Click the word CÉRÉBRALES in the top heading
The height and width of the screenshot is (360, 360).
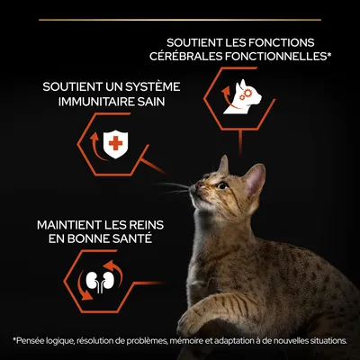197,58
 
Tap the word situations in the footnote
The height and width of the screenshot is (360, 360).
328,340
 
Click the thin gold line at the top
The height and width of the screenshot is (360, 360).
180,18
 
